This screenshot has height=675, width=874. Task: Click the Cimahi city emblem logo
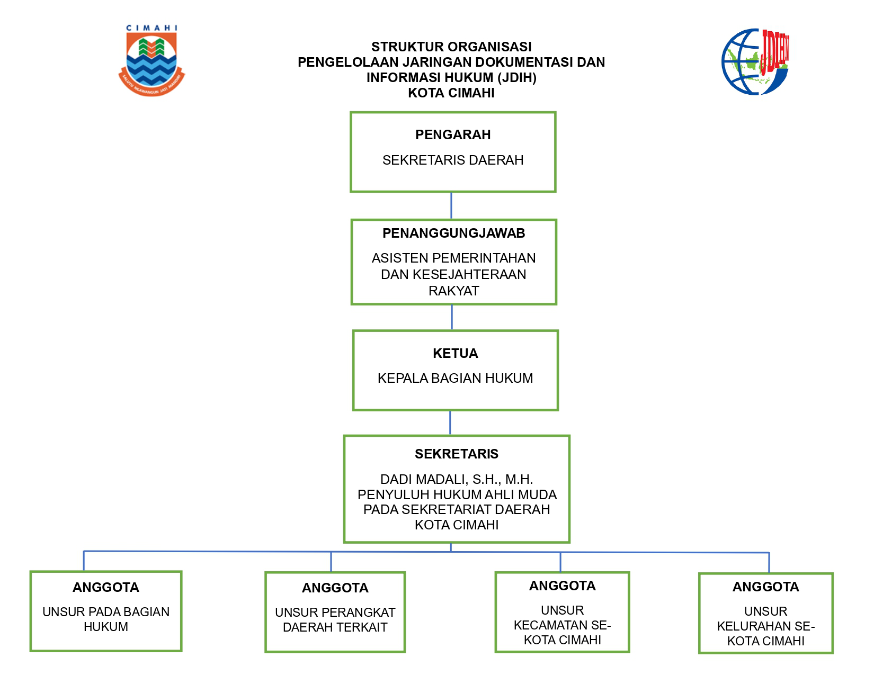[151, 61]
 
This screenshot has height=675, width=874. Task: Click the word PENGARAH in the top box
[453, 135]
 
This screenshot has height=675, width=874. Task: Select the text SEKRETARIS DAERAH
[453, 160]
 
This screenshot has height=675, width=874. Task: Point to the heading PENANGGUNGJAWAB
[453, 233]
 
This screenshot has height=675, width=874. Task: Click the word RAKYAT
[453, 291]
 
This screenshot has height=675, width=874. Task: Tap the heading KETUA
[455, 354]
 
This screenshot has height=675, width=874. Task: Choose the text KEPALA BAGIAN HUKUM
[455, 379]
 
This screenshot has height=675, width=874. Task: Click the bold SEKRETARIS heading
[457, 454]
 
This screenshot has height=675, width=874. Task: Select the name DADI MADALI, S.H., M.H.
[457, 480]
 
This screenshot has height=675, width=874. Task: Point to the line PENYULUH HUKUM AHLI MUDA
[457, 495]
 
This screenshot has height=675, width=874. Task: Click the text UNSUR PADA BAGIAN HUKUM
[106, 619]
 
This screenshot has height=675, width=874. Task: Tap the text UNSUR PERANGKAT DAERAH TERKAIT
[335, 620]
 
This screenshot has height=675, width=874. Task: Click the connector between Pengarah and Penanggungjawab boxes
[451, 205]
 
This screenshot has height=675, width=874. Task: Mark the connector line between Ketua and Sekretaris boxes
[450, 423]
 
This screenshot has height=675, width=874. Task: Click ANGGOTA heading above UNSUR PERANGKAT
[335, 588]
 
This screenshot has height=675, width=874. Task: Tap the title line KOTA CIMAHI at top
[451, 93]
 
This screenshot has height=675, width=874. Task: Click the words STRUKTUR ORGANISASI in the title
[451, 47]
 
